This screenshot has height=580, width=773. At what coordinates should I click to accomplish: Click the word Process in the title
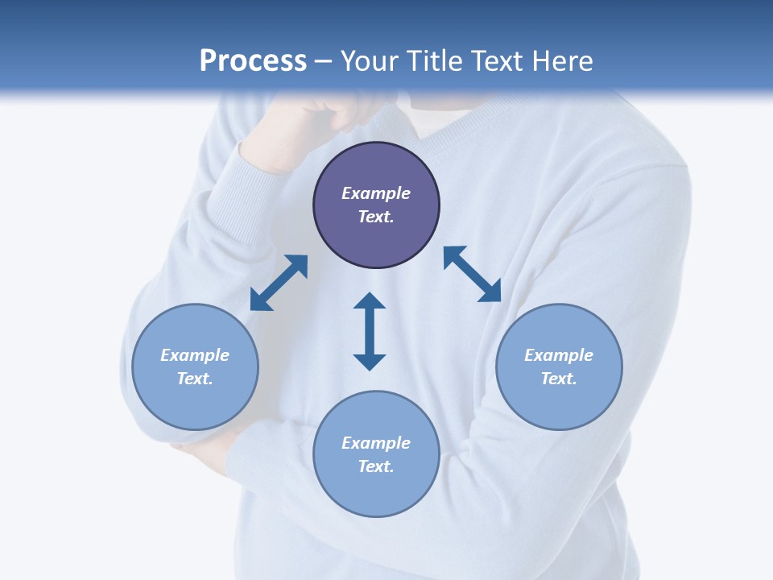(x=253, y=61)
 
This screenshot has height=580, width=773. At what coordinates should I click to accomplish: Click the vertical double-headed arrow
(x=370, y=331)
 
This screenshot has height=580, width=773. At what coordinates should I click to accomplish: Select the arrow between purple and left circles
(x=279, y=283)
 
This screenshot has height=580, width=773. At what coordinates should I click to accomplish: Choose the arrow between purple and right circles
(x=473, y=274)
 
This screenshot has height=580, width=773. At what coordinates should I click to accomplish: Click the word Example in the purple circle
(x=376, y=193)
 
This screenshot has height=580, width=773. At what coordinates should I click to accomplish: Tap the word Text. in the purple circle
(x=376, y=217)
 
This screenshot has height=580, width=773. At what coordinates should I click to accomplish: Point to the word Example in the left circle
(x=195, y=355)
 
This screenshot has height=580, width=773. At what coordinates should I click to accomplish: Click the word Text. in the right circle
(x=559, y=379)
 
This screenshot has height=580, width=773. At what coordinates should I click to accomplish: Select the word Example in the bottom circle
(x=376, y=443)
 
